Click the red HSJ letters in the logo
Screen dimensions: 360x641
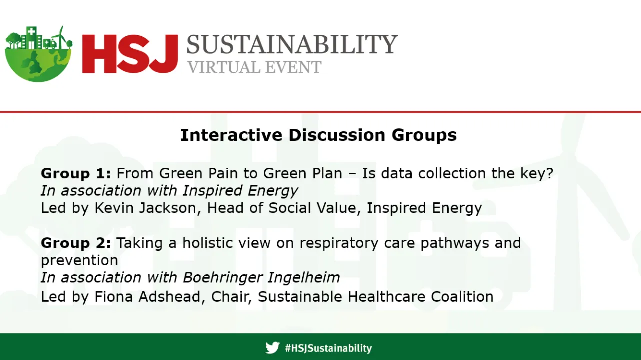[130, 53]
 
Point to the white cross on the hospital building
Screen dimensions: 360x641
[32, 32]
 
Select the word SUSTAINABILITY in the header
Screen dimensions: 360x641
[292, 45]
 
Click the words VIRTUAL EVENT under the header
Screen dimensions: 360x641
[254, 67]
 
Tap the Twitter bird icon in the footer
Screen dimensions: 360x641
[272, 348]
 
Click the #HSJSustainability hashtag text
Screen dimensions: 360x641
[328, 348]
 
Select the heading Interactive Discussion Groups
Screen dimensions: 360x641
[318, 135]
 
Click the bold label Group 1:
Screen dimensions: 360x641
[76, 174]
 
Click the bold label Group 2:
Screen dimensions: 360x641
[76, 243]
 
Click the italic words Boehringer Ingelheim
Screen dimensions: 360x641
[261, 277]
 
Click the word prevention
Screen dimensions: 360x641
[79, 260]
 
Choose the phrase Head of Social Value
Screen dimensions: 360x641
[282, 208]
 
